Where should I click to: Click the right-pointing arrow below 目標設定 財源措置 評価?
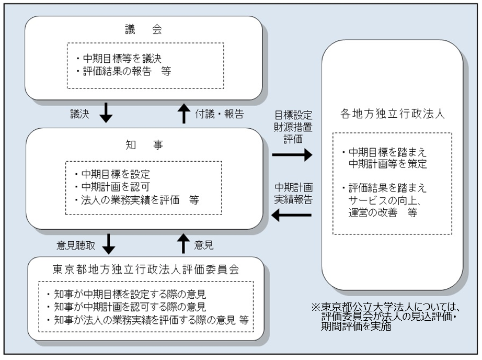[x=292, y=154]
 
